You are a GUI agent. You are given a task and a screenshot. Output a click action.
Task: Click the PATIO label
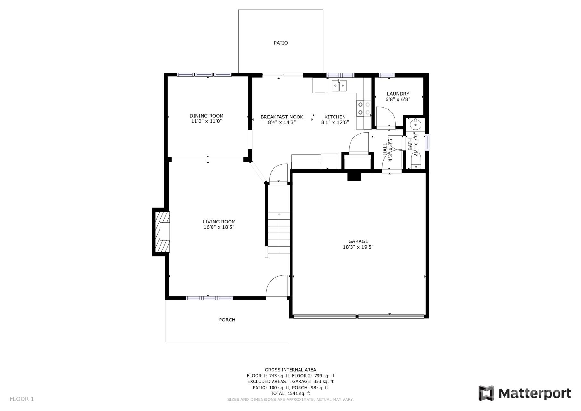(x=281, y=43)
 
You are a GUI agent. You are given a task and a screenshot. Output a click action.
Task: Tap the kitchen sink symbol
(x=339, y=86)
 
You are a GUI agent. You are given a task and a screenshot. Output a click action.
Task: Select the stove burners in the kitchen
(x=364, y=108)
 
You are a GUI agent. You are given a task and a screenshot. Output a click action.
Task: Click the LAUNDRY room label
(x=398, y=94)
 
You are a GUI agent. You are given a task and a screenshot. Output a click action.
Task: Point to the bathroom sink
(x=415, y=123)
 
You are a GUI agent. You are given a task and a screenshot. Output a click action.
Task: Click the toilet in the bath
(x=415, y=162)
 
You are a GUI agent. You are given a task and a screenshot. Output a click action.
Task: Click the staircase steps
(x=279, y=233)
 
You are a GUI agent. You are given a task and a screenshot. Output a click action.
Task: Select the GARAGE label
(x=358, y=241)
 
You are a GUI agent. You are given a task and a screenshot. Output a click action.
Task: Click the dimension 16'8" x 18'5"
(x=219, y=227)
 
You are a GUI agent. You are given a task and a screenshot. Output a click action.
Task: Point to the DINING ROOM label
(x=206, y=116)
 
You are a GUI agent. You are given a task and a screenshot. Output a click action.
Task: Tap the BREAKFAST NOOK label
(x=282, y=117)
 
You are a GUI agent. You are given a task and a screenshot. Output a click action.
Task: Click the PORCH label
(x=227, y=320)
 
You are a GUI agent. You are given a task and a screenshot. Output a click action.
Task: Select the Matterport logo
(x=525, y=393)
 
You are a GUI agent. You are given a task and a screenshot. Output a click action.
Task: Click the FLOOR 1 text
(x=22, y=399)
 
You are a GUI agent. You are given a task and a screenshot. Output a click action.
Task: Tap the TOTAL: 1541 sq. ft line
(x=290, y=393)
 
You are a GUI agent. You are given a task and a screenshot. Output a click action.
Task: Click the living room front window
(x=209, y=298)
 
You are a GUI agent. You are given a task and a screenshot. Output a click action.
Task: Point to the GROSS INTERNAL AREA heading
(x=290, y=370)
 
